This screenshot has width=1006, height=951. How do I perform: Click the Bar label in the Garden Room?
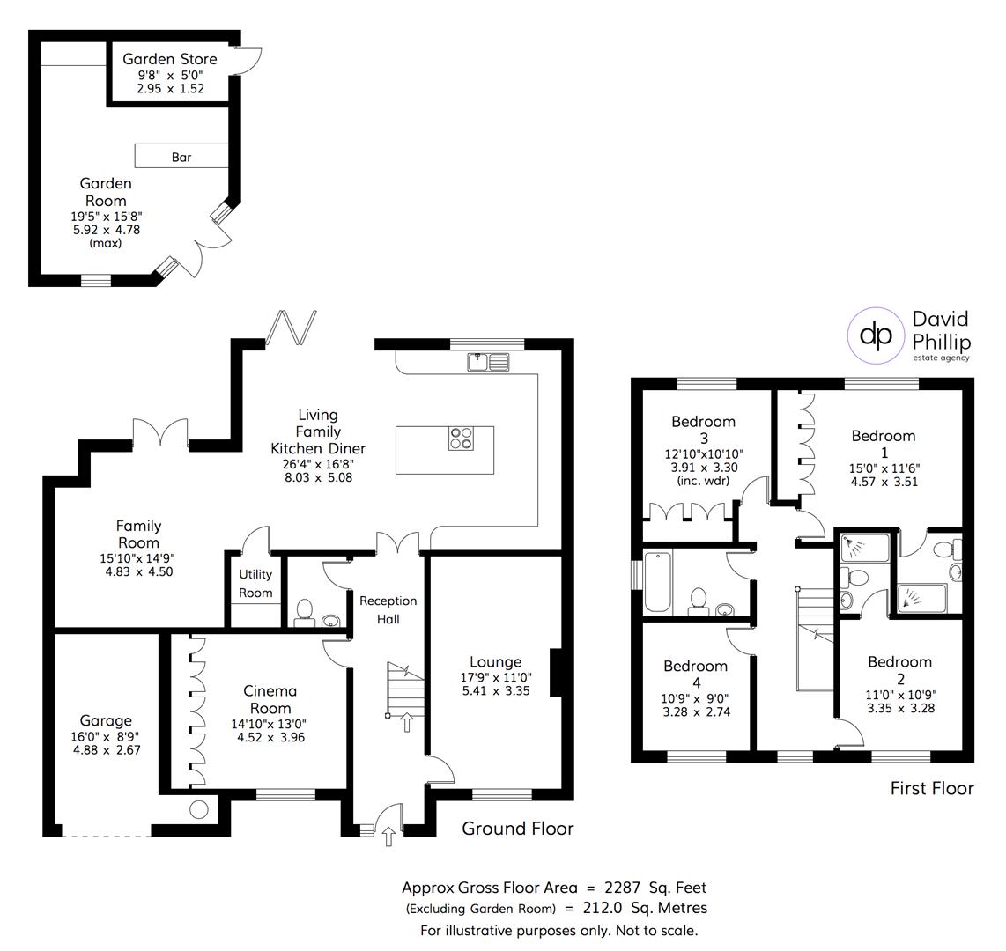coord(181,158)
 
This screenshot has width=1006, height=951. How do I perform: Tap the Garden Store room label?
coord(169,60)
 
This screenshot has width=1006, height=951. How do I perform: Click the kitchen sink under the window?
coord(487,361)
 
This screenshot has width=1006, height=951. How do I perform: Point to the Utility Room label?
coord(255,583)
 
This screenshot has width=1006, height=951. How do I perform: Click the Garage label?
coord(106,720)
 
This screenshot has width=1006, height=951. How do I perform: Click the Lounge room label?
coord(495,662)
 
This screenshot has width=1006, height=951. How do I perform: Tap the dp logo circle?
coord(876,335)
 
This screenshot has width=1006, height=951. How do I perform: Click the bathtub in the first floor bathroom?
coord(658,582)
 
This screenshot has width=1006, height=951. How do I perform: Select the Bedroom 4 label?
coord(696,674)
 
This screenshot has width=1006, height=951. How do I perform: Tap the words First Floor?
coord(932,788)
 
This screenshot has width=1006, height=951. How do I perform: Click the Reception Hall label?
coord(388,609)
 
